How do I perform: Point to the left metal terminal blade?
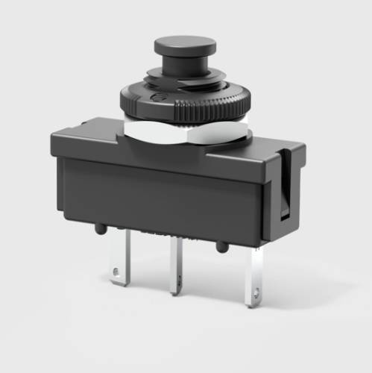(x=119, y=257)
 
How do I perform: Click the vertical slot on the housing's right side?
(x=283, y=186)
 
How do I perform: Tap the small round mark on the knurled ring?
(x=155, y=96)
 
